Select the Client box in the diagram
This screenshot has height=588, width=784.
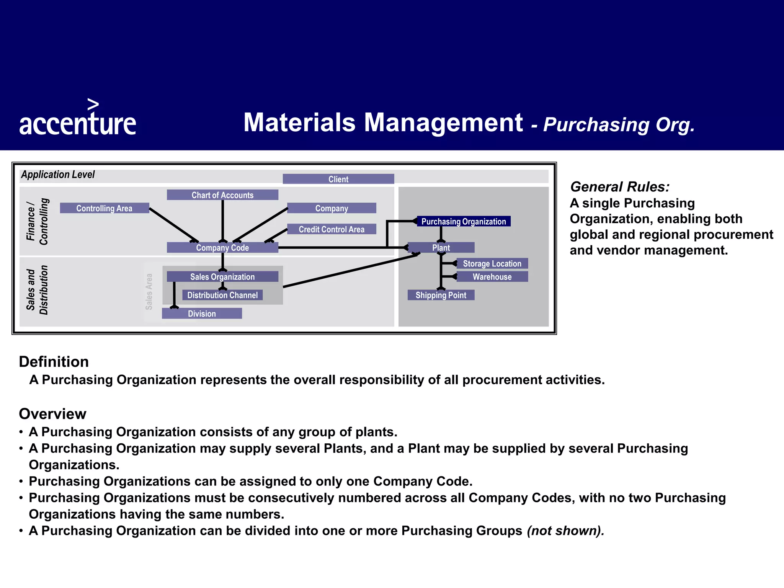point(338,179)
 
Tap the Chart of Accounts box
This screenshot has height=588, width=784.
point(222,195)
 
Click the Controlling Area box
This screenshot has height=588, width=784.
point(105,208)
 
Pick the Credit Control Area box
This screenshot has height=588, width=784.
point(332,229)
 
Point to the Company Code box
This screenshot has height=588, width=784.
point(222,248)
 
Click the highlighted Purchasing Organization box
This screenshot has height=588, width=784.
point(464,221)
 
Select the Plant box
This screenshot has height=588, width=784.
point(441,248)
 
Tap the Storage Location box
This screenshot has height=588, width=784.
point(492,263)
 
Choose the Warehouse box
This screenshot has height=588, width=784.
point(492,277)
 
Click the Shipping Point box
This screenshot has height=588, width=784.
point(441,295)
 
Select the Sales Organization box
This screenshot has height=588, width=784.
point(222,277)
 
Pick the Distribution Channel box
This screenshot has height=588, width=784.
point(222,295)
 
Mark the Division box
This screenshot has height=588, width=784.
point(202,314)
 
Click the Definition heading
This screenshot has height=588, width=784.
point(54,362)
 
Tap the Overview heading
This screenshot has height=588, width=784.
point(53,414)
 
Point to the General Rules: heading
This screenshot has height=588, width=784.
point(620,187)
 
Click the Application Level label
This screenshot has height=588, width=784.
point(58,175)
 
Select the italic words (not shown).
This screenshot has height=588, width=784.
point(565,531)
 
